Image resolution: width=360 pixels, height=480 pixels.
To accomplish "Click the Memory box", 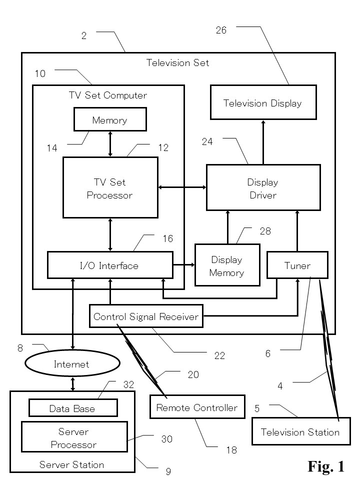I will coord(110,120).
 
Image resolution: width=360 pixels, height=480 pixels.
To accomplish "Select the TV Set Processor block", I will coord(110,188).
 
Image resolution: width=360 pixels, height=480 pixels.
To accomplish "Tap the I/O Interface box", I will coord(110,265).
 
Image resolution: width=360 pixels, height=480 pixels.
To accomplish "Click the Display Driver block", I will coord(263,188).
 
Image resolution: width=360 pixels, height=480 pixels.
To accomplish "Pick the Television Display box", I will coord(263,103).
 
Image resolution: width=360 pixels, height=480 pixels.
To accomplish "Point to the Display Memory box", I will coord(227,266).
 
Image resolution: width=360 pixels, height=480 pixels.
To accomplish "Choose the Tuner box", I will coord(297,265).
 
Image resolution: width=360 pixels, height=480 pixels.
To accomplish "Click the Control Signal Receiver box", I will coord(146,316).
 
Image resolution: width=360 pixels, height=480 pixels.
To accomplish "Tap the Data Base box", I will coord(72,408).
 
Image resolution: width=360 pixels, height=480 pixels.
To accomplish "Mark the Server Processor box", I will coord(73,437).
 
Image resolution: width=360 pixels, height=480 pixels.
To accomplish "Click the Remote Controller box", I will coord(197,407).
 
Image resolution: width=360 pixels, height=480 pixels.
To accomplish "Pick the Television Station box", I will coord(300,432).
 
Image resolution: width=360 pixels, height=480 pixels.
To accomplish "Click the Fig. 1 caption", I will coord(326,466).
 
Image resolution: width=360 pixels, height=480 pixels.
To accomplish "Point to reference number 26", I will coord(221,30).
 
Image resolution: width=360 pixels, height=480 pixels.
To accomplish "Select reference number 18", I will coord(231,450).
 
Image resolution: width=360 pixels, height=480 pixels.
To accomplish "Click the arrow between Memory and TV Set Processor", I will coord(110,144).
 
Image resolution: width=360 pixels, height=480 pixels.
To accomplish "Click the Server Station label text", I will coord(72,464).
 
